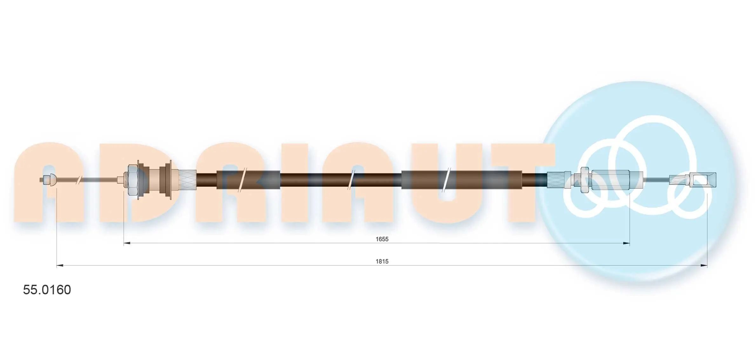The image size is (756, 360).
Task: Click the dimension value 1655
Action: pyautogui.click(x=382, y=239)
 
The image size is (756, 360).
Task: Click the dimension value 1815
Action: pyautogui.click(x=382, y=261)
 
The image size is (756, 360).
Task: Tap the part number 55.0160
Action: pyautogui.click(x=47, y=290)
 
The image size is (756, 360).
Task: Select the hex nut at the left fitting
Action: pyautogui.click(x=132, y=180)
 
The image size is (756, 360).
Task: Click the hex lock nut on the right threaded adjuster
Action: pyautogui.click(x=584, y=180)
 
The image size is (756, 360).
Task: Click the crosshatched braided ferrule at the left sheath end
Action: pyautogui.click(x=187, y=180)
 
